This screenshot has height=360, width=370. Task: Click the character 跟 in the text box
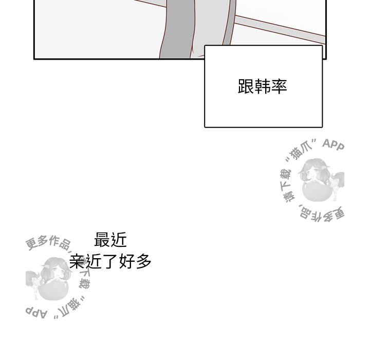[246, 87]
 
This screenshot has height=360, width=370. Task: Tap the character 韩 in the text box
[263, 87]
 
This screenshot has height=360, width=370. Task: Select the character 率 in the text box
[279, 87]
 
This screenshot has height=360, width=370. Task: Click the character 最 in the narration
[102, 240]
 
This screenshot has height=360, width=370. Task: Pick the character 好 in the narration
[127, 261]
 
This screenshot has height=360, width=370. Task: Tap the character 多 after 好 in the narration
[143, 261]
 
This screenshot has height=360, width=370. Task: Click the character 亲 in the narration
[77, 261]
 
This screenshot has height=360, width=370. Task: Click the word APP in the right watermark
[333, 145]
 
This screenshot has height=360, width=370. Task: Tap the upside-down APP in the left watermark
[36, 313]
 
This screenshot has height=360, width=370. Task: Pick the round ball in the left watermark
[53, 289]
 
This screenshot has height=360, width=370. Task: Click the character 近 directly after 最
[119, 240]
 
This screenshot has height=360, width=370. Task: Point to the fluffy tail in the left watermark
[32, 278]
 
